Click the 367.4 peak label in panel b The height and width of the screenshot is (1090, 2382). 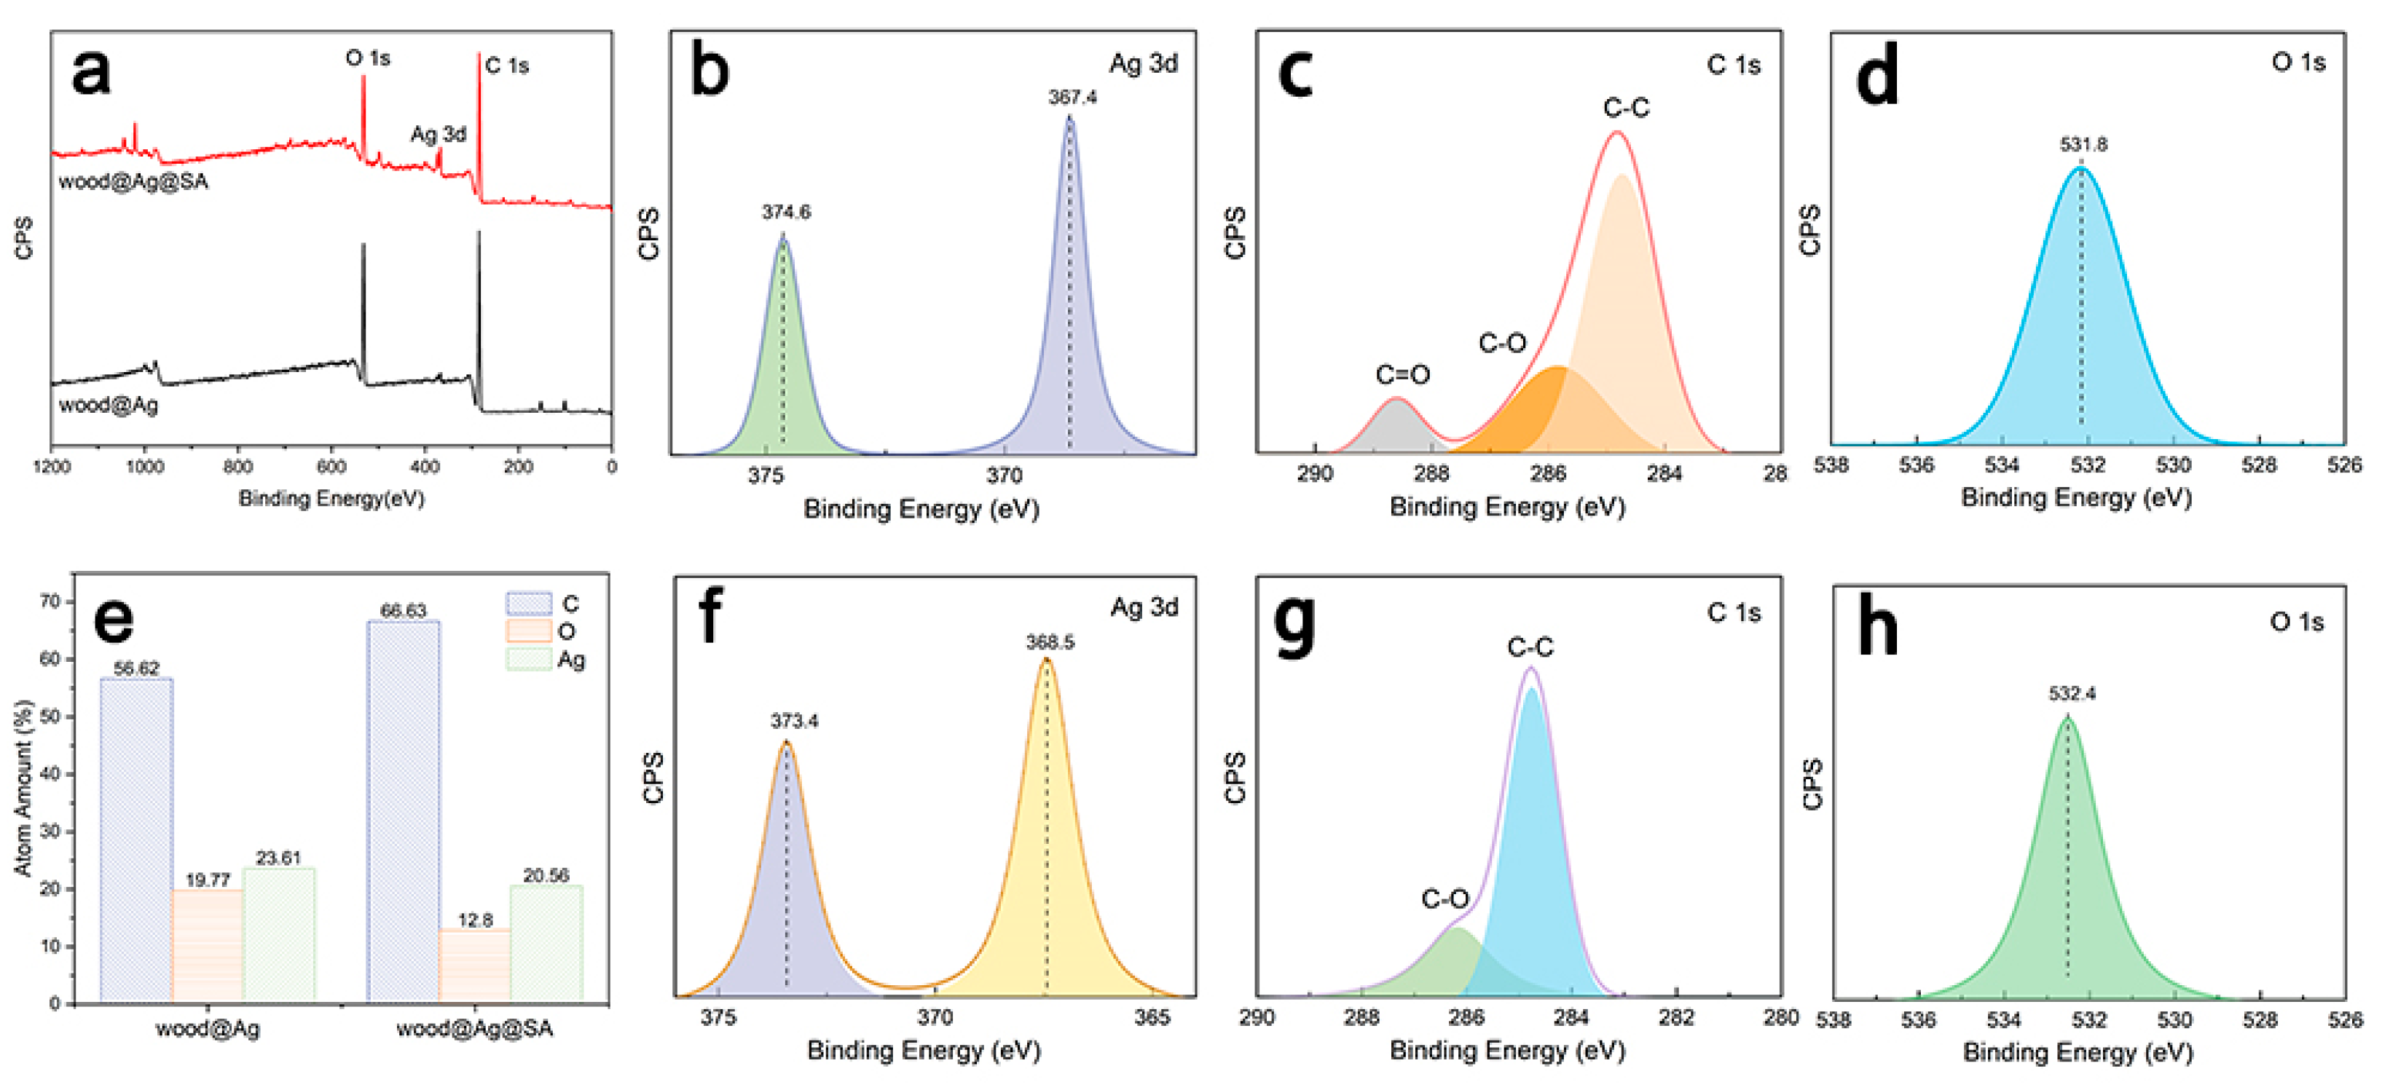[x=1072, y=97]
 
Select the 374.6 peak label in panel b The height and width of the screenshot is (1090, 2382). [x=786, y=212]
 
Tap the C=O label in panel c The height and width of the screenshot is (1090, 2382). [x=1402, y=374]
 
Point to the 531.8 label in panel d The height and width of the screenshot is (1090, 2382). [x=2083, y=144]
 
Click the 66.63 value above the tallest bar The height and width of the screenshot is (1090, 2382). [x=403, y=610]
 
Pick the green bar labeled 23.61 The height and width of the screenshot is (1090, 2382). [x=278, y=933]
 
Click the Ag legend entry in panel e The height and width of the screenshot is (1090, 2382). [x=546, y=659]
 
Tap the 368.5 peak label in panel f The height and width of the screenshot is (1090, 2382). [x=1050, y=641]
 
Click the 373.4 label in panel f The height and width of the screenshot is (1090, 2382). [x=794, y=720]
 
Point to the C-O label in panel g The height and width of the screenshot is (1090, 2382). [x=1444, y=898]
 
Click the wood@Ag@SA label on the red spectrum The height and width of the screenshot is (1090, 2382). [x=133, y=181]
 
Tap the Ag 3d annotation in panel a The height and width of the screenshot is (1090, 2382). [x=439, y=134]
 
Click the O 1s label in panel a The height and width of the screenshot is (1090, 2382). [x=368, y=58]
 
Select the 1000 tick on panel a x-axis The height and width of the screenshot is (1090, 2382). [x=145, y=467]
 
